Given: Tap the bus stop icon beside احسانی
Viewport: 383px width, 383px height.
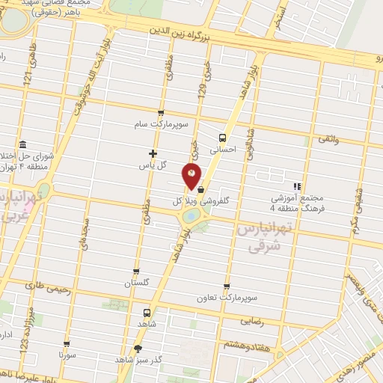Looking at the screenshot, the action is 222,138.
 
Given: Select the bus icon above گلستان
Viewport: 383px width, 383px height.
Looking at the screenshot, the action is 136,272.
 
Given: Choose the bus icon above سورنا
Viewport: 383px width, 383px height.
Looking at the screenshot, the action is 67,343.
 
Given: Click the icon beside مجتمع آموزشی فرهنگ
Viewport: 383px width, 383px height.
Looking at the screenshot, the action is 297,186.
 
